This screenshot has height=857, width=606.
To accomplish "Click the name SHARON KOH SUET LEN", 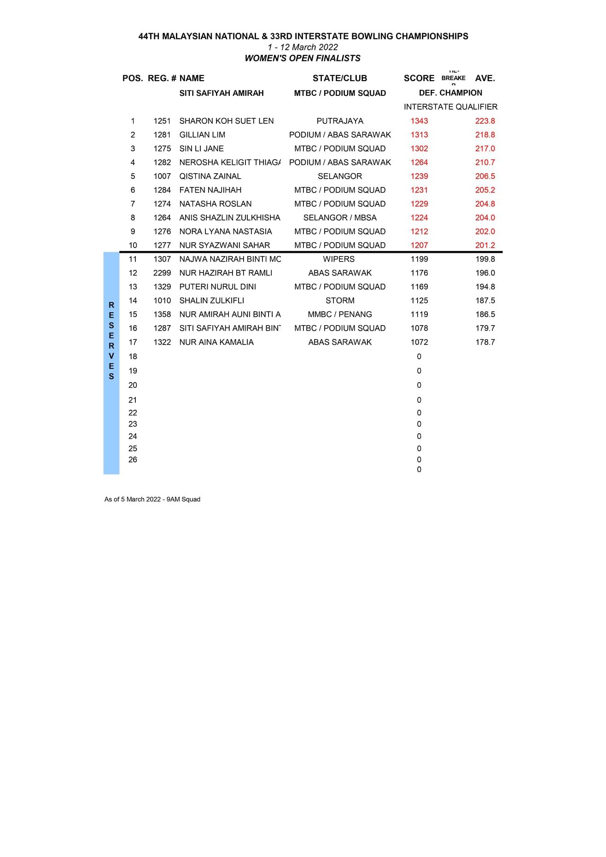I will tap(226, 121).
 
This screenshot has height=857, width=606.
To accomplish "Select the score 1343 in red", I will tap(419, 121).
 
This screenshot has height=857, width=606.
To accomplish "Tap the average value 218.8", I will tap(485, 135).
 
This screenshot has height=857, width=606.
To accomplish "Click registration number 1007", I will tap(162, 176).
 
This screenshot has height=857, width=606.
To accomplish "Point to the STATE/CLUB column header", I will tap(339, 78).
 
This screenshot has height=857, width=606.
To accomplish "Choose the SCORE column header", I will tap(419, 78).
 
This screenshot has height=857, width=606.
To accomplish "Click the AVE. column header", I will tap(485, 78).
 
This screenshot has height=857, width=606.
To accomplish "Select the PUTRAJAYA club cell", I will tap(340, 121).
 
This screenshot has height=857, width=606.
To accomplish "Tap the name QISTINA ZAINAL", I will tap(210, 176).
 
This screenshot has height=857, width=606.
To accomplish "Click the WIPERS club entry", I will tap(338, 259).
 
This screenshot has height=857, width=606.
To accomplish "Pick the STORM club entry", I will tap(340, 301).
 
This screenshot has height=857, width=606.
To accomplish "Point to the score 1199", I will tap(419, 259).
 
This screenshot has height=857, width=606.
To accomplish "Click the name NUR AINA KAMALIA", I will tap(216, 342).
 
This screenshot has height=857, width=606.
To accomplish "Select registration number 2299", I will tap(162, 273).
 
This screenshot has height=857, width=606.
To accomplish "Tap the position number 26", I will tap(133, 460).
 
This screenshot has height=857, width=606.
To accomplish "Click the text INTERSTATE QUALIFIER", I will tap(450, 107).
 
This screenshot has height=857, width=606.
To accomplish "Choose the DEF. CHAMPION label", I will tap(450, 93).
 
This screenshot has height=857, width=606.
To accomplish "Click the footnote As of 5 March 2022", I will tap(152, 499).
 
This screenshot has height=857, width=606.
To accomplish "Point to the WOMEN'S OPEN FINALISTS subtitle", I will tap(303, 58).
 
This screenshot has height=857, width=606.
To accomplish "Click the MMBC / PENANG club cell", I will tap(340, 315).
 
